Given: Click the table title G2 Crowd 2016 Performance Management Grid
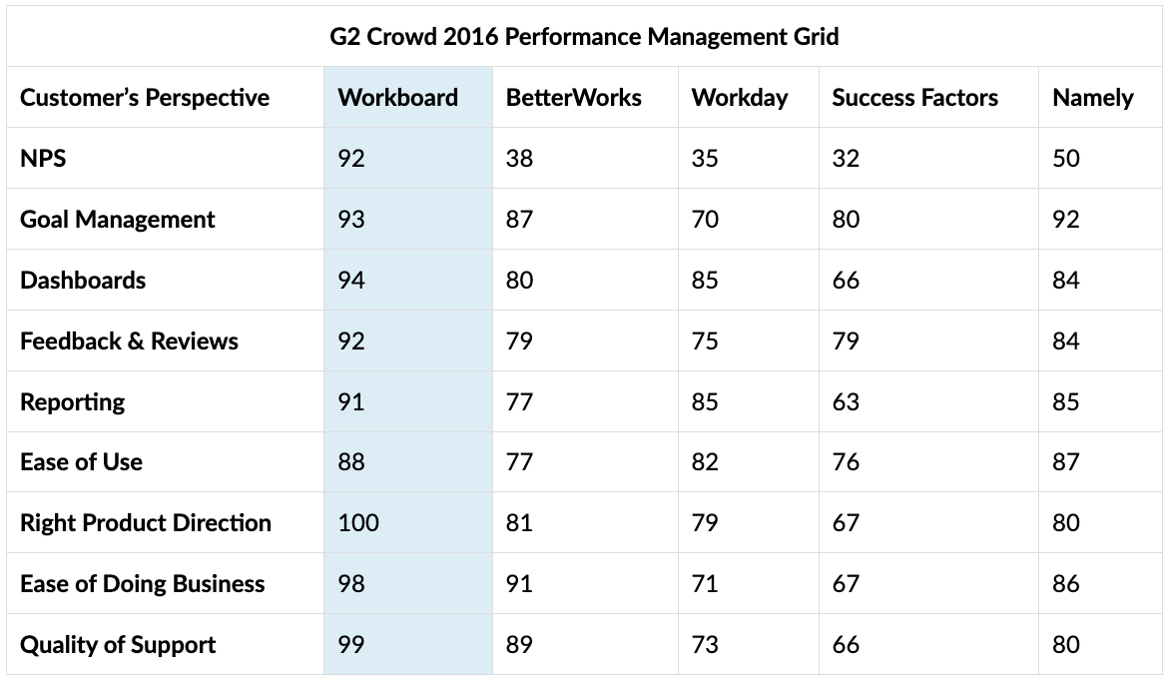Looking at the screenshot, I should (x=584, y=37).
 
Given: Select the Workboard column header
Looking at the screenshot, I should (x=397, y=98).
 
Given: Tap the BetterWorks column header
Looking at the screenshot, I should (x=573, y=98).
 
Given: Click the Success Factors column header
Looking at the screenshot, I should (x=914, y=98).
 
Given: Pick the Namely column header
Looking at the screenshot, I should (x=1092, y=98).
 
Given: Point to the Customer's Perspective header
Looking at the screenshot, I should (x=145, y=98).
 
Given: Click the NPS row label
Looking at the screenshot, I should (x=43, y=159).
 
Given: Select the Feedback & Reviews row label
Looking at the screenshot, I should (x=129, y=341).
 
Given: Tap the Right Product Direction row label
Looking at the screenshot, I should (x=145, y=523).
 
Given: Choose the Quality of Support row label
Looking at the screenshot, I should (x=118, y=645).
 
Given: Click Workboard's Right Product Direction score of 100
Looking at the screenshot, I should (x=358, y=523).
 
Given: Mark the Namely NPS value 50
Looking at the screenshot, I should (x=1065, y=159).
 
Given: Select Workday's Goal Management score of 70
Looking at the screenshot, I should (x=705, y=220).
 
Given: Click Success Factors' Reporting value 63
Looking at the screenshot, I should (x=846, y=402).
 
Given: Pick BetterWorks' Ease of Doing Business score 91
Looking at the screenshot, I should (x=519, y=584).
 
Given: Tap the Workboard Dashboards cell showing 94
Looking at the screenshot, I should (x=351, y=281).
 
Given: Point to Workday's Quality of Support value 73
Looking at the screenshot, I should (x=705, y=645).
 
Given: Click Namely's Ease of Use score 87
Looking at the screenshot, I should (x=1065, y=462).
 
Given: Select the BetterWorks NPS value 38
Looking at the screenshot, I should (x=519, y=159).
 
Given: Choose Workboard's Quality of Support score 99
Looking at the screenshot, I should (x=351, y=645).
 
